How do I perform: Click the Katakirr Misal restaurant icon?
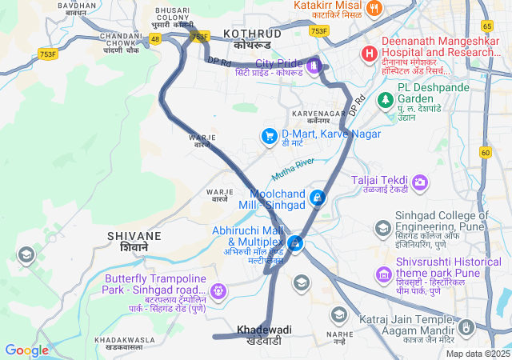[x=374, y=9]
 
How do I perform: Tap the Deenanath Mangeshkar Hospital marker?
[x=369, y=54]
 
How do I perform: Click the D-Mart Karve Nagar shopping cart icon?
[x=270, y=137]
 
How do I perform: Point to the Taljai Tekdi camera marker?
[x=419, y=183]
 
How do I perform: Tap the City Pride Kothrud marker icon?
[x=314, y=64]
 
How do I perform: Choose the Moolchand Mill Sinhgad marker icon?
[x=318, y=198]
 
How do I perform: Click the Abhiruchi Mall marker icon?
[x=296, y=242]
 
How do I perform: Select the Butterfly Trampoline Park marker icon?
[x=218, y=289]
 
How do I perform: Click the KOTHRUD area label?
[x=252, y=34]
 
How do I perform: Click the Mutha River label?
[x=294, y=169]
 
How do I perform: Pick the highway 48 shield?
[x=155, y=38]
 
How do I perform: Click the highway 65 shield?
[x=487, y=26]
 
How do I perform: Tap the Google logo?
[x=26, y=350]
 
